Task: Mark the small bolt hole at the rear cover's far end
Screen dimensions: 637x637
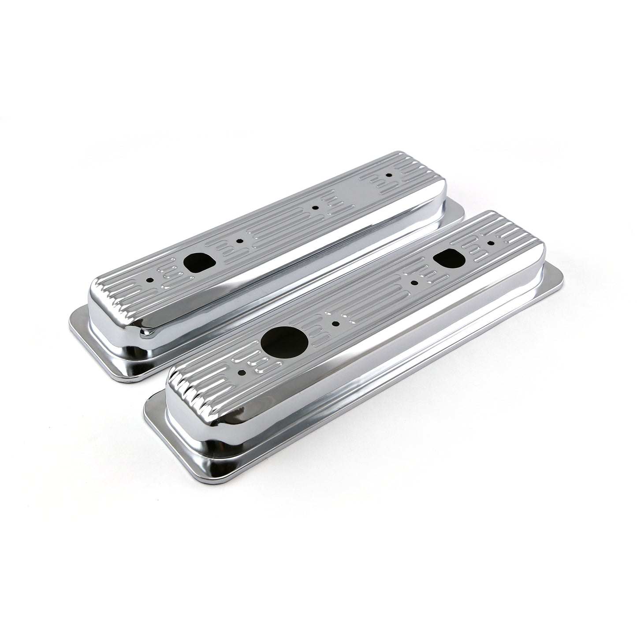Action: (x=388, y=174)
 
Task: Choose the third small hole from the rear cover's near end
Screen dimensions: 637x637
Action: (x=314, y=206)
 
